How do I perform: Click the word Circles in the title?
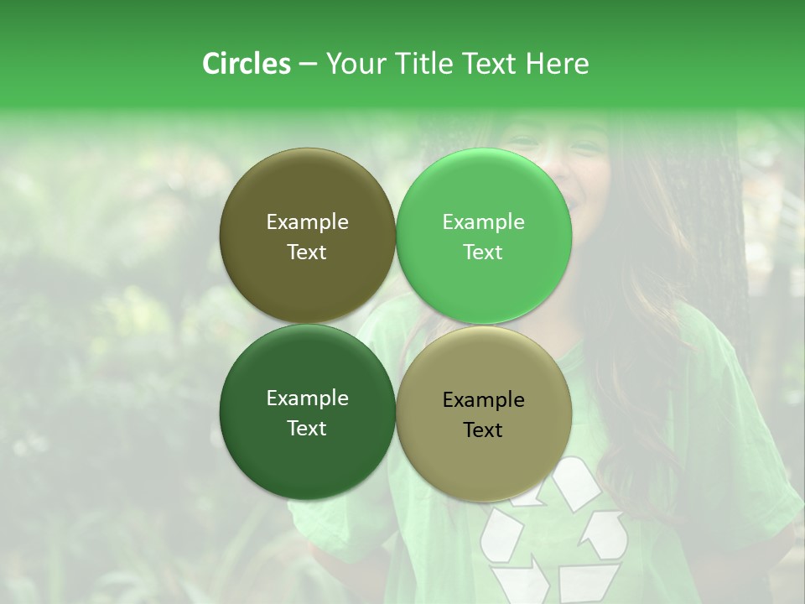246,64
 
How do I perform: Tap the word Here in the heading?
558,64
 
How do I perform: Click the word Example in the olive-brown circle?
307,221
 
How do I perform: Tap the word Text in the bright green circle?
483,253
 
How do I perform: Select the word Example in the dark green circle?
307,398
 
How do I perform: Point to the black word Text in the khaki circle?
483,430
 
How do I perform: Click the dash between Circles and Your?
307,65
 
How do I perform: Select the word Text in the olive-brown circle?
307,253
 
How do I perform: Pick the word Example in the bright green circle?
483,221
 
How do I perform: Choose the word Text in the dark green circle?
307,429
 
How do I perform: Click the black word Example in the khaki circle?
483,399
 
